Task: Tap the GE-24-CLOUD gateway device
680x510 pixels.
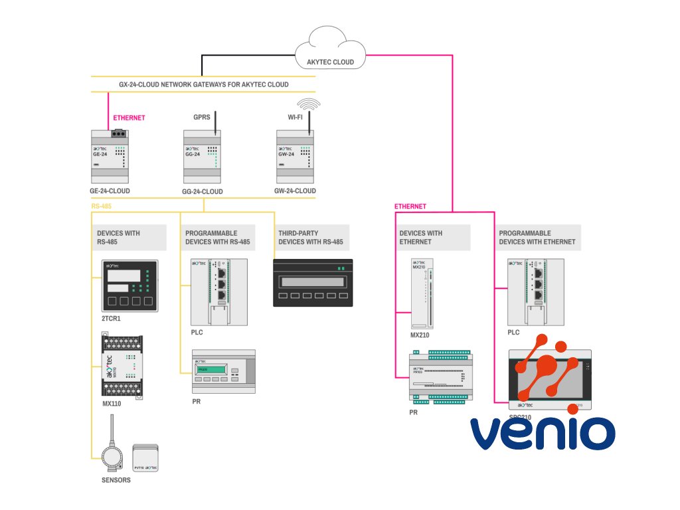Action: (109, 157)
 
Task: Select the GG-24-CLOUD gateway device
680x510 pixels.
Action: (202, 157)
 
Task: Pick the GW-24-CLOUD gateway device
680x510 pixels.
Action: (295, 157)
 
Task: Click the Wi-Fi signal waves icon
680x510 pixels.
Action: (308, 104)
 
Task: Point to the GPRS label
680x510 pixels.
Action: (201, 117)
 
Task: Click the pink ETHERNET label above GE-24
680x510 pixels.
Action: (129, 118)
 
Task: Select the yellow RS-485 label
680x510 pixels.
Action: (101, 207)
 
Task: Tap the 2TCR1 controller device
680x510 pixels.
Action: (129, 286)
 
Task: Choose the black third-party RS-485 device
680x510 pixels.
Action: (313, 282)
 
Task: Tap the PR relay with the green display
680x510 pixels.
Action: (223, 372)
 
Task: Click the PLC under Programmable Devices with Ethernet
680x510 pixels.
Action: (535, 292)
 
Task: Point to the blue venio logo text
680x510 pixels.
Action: (543, 432)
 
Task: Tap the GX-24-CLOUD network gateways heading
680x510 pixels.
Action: (203, 84)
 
